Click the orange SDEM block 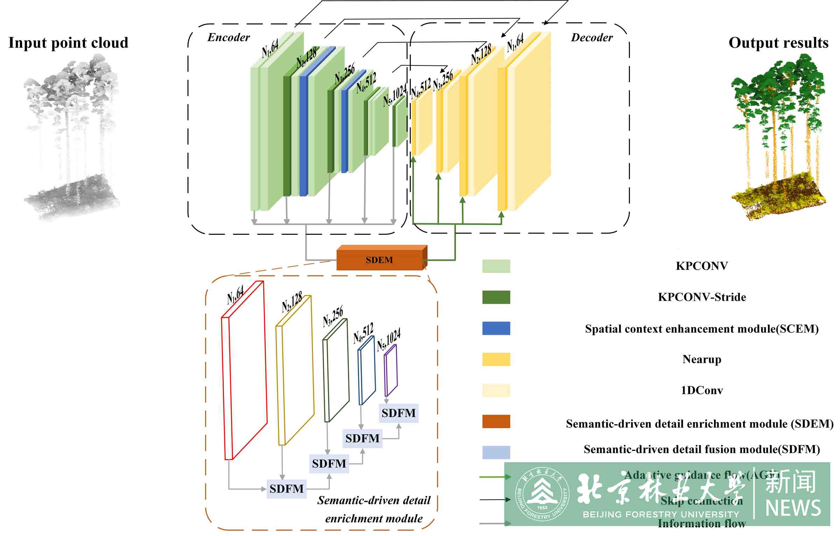(380, 260)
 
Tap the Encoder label (229, 37)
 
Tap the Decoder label (591, 37)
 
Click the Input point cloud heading (68, 43)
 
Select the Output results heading (778, 43)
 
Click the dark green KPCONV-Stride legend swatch (496, 297)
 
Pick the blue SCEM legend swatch (496, 328)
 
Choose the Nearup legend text (701, 359)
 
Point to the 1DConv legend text (701, 390)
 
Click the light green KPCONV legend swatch (496, 266)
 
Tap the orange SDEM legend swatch (496, 421)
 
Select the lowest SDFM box (286, 489)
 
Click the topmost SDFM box (398, 413)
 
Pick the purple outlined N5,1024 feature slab (391, 370)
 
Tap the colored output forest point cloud (778, 136)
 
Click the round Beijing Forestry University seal (542, 494)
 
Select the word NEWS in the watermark (793, 508)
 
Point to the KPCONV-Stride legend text (701, 297)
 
